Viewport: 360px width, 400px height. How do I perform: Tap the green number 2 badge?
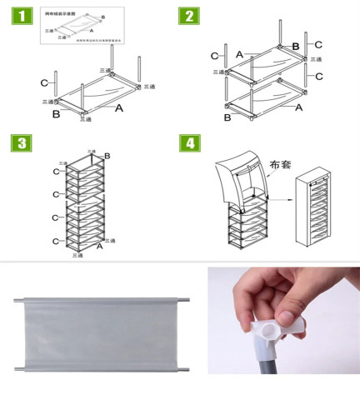(x=190, y=16)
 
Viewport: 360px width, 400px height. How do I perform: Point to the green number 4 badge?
(x=191, y=142)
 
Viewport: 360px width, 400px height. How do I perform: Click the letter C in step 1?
(x=43, y=82)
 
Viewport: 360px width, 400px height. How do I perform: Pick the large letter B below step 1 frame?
(x=56, y=114)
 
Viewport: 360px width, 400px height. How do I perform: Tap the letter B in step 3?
(x=106, y=156)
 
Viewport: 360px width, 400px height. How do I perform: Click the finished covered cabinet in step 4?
(x=314, y=208)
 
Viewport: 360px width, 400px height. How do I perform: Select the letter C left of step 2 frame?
(x=215, y=55)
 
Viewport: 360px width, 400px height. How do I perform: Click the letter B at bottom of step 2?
(x=227, y=117)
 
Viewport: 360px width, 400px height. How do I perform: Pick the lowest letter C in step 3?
(x=55, y=241)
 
